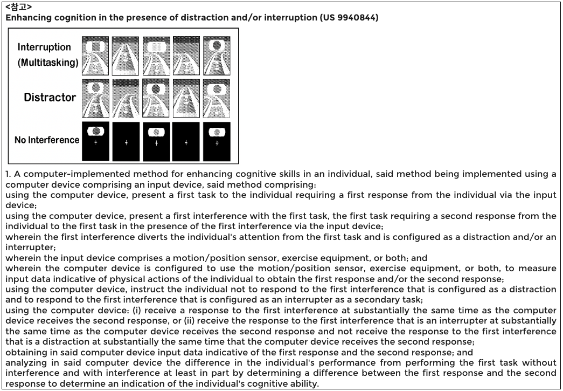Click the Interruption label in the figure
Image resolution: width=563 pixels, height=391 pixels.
(x=44, y=47)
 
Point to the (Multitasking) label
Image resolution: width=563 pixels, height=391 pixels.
(x=47, y=63)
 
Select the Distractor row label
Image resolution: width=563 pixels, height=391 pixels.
(x=50, y=98)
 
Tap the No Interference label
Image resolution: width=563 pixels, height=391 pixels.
(x=47, y=140)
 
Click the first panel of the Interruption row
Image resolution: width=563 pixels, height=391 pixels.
(x=95, y=56)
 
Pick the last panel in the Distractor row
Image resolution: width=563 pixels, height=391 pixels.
(x=217, y=99)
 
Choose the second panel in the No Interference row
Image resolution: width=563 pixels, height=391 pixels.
(x=126, y=141)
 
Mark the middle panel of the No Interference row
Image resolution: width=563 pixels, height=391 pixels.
(x=156, y=141)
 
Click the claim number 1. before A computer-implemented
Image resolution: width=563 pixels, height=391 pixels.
(x=8, y=174)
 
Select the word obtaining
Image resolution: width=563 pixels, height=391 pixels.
(x=24, y=352)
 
